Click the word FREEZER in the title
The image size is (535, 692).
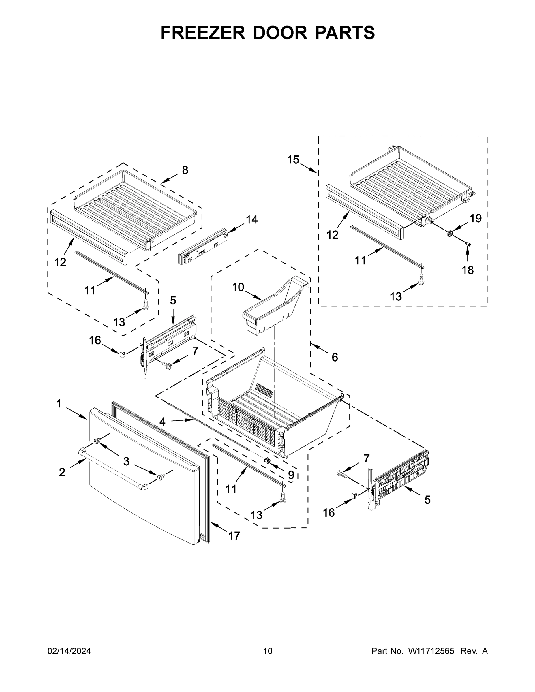tap(202, 32)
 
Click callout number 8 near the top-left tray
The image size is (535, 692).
tap(185, 170)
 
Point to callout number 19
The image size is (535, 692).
tap(475, 218)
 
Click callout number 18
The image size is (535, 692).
tap(468, 270)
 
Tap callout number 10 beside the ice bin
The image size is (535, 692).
tap(238, 287)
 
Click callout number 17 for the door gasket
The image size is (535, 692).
tap(234, 536)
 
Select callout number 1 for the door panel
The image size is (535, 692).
tap(59, 403)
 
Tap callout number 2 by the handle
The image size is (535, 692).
tap(62, 472)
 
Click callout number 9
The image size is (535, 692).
tap(291, 474)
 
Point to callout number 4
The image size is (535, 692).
tap(162, 422)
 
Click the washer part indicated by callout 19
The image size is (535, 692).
tap(450, 234)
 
